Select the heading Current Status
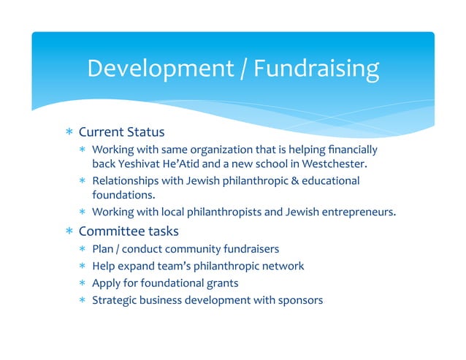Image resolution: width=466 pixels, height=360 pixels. click(121, 132)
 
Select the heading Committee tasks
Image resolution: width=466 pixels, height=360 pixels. click(128, 231)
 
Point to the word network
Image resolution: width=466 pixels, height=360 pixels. click(283, 266)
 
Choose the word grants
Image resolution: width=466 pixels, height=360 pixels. click(223, 283)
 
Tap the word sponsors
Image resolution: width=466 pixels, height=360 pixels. click(299, 299)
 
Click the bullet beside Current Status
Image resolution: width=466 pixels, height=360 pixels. click(69, 133)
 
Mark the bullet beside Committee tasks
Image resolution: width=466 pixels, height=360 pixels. click(69, 232)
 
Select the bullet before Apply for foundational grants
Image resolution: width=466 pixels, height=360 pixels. click(83, 283)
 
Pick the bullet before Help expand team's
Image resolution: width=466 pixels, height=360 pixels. click(83, 266)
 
